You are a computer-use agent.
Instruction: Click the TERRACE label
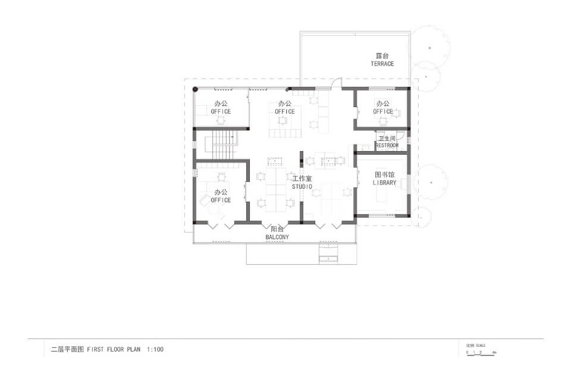point(382,64)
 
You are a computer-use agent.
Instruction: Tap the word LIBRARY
point(384,183)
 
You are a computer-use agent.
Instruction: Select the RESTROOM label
point(387,145)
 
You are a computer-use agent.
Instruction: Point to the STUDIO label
point(302,187)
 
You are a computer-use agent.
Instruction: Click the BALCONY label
point(277,237)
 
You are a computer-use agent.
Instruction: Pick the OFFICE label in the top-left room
point(221,111)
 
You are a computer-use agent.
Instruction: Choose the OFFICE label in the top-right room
point(382,111)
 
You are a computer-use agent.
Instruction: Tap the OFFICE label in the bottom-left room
point(221,200)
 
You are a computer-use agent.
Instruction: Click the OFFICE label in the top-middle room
point(284,111)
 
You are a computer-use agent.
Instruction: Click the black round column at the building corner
point(195,90)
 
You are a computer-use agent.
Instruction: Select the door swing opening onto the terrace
point(336,84)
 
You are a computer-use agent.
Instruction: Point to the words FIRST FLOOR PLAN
point(114,350)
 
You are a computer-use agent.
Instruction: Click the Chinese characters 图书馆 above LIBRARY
point(384,175)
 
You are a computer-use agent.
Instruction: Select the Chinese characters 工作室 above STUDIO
point(302,178)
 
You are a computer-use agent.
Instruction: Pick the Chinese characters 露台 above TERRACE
point(382,56)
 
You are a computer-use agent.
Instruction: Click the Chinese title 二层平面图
point(64,350)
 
